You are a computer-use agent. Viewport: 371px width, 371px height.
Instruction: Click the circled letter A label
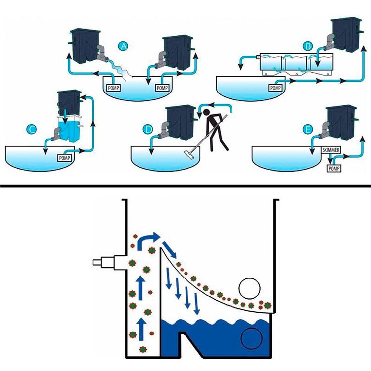pos(123,46)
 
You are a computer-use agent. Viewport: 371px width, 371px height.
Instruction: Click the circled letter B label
pos(308,46)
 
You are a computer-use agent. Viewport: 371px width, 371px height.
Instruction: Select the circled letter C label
pos(32,129)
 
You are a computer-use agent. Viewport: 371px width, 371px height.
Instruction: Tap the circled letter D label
pos(148,129)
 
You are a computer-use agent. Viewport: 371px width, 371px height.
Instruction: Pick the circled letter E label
pos(308,130)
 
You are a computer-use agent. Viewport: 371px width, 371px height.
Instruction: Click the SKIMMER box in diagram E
pos(331,150)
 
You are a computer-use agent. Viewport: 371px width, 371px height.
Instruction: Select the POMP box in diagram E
pos(334,168)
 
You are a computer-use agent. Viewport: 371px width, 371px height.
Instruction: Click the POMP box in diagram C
pos(65,158)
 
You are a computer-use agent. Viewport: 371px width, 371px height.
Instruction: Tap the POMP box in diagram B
pos(276,88)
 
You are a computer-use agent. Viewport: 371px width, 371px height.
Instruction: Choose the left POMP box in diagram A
pos(113,88)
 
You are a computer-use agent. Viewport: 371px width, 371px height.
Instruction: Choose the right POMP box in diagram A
pos(162,88)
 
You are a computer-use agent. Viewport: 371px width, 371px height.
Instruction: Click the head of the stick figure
pos(207,113)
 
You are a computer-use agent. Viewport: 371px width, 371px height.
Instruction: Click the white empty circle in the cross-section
pos(250,289)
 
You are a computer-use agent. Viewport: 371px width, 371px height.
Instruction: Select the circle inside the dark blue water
pos(251,338)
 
